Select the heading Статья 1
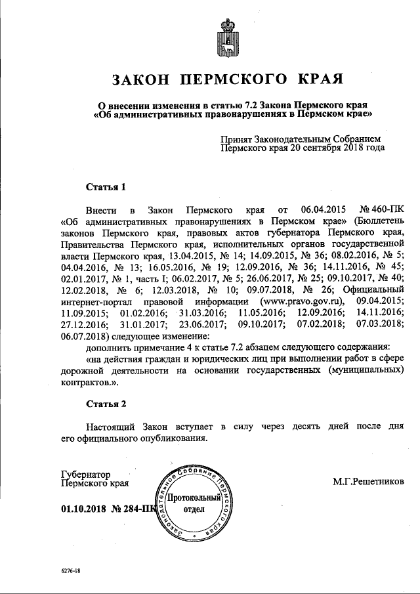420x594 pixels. click(x=105, y=186)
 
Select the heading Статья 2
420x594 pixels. click(x=105, y=402)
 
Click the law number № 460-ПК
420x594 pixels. click(x=379, y=210)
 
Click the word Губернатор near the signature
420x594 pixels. click(x=85, y=474)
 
